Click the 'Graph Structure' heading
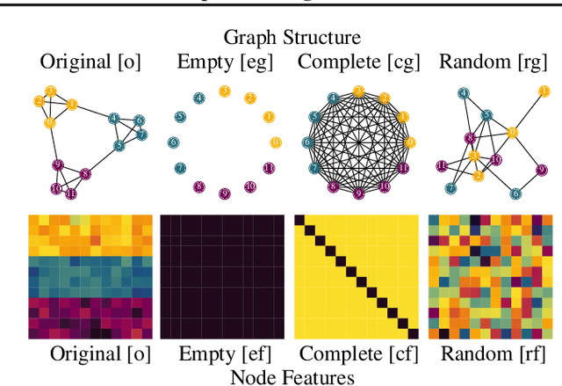(x=292, y=38)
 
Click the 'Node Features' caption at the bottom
(x=292, y=376)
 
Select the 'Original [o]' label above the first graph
(x=90, y=62)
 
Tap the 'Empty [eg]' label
(x=224, y=62)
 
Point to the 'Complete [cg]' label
(x=358, y=62)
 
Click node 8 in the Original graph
(x=85, y=173)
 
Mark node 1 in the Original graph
(x=72, y=105)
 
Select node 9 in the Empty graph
(x=224, y=193)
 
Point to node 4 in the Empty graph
(x=199, y=97)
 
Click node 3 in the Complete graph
(x=358, y=91)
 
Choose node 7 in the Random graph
(x=450, y=187)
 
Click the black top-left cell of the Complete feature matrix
(x=299, y=219)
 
